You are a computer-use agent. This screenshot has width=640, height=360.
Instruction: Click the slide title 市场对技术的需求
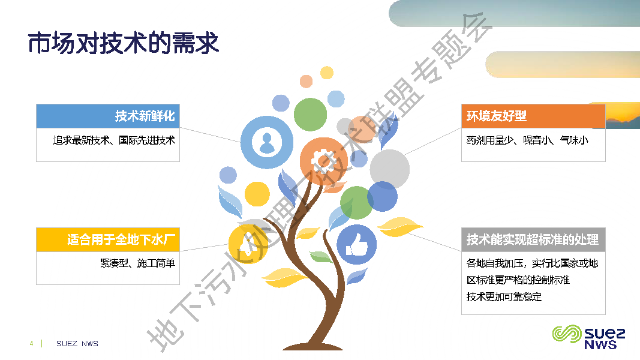tap(124, 43)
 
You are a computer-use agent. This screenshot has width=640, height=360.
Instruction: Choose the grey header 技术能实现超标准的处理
tap(533, 240)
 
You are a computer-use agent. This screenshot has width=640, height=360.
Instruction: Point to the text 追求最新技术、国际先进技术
tap(114, 140)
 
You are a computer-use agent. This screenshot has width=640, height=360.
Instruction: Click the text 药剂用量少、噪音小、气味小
tap(527, 140)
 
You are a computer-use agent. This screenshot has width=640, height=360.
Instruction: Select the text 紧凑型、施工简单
tap(137, 263)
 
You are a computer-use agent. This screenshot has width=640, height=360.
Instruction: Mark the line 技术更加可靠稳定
tap(504, 296)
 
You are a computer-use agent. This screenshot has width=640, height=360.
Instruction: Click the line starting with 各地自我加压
tap(533, 263)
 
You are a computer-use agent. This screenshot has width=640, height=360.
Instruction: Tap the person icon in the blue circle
tap(266, 142)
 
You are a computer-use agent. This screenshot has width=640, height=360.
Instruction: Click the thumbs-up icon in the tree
tap(356, 245)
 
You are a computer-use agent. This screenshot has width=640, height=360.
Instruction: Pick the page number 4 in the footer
tap(31, 344)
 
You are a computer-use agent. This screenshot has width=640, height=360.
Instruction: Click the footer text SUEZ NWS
tap(77, 344)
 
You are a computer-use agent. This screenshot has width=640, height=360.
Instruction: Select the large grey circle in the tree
tap(389, 169)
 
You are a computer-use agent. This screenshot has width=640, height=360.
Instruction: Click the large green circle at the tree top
tap(310, 115)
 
